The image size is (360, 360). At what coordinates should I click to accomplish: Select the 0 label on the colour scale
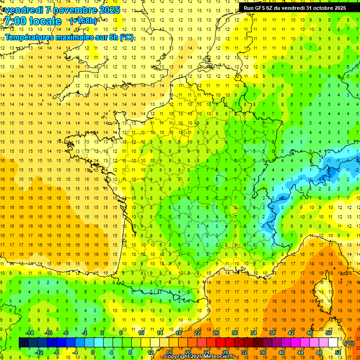93,352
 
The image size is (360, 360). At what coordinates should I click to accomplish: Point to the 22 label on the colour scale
197,333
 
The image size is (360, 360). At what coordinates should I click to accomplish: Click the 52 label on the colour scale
338,352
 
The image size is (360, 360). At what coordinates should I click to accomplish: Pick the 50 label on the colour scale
329,333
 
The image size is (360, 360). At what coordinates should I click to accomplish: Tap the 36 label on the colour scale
262,352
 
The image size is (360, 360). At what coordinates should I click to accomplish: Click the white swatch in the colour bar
333,343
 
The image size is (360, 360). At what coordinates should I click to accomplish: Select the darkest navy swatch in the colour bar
23,343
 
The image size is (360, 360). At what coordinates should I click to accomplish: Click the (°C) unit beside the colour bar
349,343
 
